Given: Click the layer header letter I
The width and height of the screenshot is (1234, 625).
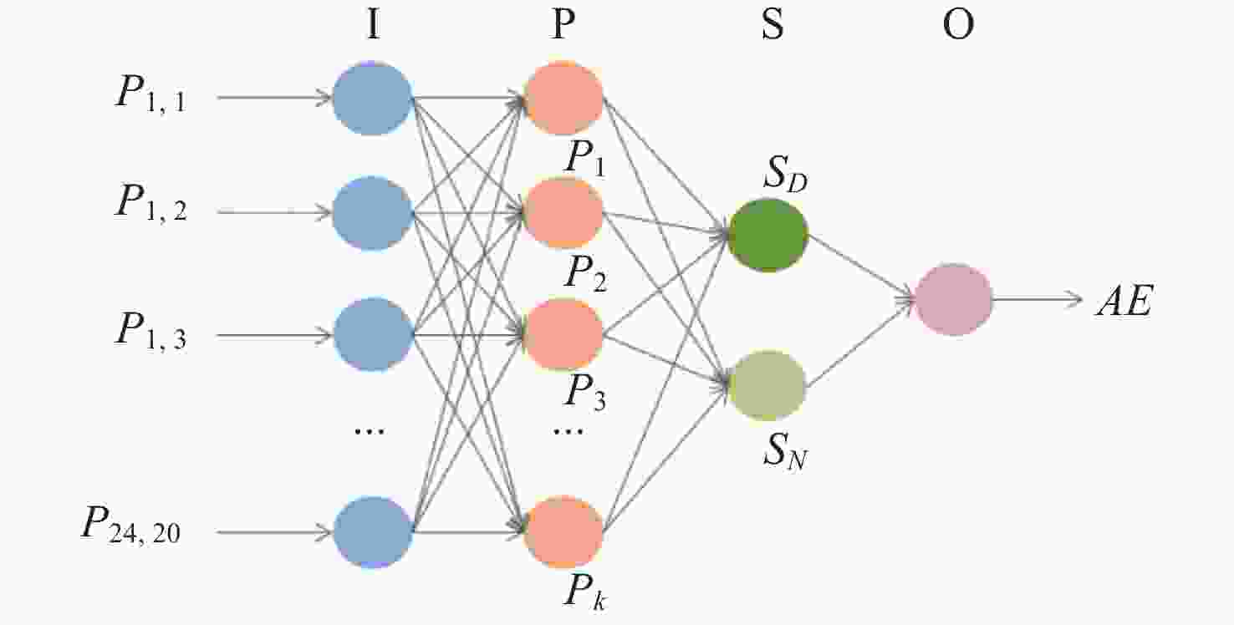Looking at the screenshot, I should coord(372,27).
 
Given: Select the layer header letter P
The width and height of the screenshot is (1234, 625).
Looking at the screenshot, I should coord(563,27).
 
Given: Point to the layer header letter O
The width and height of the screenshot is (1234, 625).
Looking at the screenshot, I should coord(958,27).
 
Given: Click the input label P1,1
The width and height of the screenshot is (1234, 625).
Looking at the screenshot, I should coord(150,96).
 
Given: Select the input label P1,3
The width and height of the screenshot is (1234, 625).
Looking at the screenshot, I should coord(150,331).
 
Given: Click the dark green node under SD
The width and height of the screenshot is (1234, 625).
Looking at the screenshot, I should coord(767,235).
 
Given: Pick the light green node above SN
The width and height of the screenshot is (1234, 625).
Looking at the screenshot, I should coord(767,385).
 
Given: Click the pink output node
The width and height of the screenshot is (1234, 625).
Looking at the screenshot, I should coord(954,299).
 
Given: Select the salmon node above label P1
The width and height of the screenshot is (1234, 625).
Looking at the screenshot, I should coord(563,99).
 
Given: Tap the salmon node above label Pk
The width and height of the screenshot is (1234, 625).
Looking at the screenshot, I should coord(563,531).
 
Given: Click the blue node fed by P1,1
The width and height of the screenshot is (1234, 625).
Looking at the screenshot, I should coord(373,99).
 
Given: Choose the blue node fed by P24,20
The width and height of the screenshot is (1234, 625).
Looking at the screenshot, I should coord(373,531).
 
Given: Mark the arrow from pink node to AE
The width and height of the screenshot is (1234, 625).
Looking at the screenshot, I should coord(1037,299).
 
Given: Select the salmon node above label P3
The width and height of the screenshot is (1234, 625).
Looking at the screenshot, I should coord(563,335).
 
